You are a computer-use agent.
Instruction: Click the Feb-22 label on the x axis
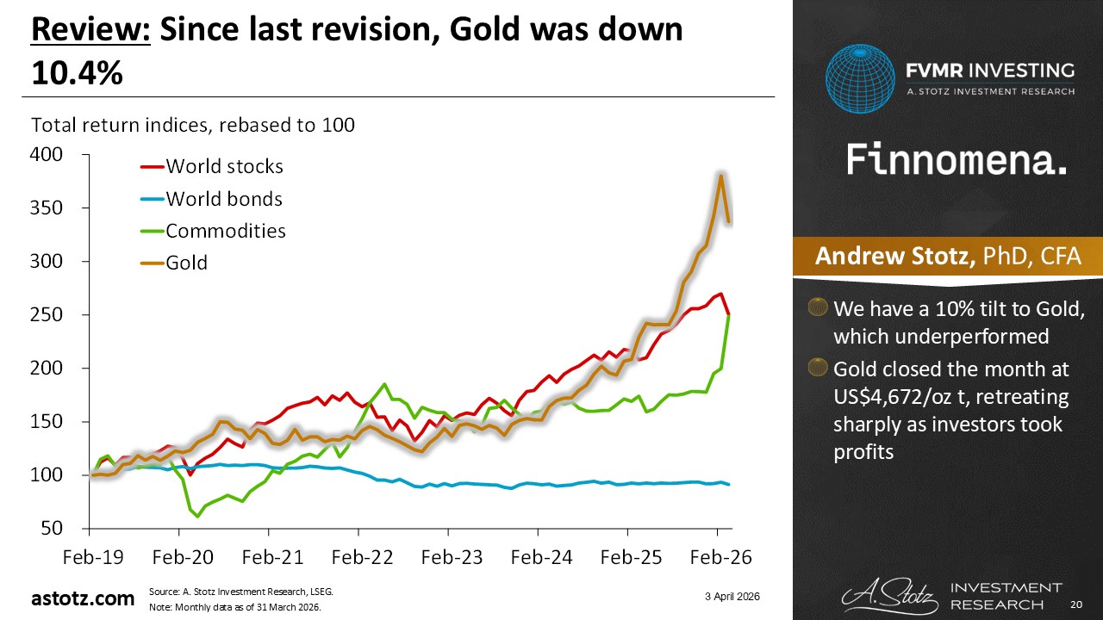359,557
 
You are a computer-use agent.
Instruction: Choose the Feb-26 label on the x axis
717,557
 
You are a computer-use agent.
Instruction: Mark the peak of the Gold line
720,175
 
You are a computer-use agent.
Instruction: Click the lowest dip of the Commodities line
198,517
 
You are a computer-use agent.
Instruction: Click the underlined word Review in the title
90,32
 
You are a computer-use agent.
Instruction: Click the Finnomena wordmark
957,159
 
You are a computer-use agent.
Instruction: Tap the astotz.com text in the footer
84,598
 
